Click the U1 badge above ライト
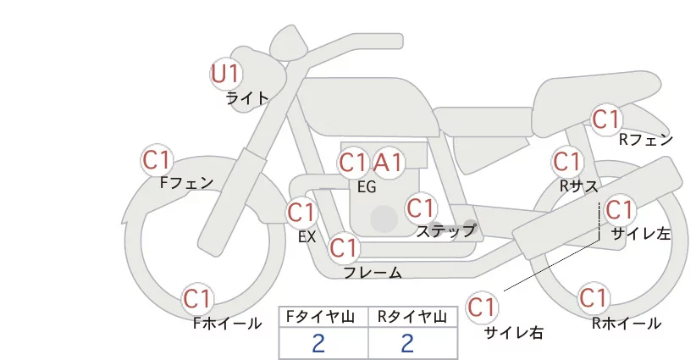tap(225, 74)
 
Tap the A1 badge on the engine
tap(389, 163)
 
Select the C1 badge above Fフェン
tap(157, 159)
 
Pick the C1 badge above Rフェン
tap(605, 119)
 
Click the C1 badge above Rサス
tap(566, 161)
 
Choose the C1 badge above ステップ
tap(421, 208)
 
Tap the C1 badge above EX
tap(301, 212)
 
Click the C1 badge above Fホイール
tap(198, 298)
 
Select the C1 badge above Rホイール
tap(593, 298)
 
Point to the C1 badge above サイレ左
tap(619, 209)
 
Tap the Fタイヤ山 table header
tap(323, 317)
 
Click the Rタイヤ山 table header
tap(413, 317)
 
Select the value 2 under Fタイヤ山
tap(318, 343)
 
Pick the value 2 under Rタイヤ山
tap(407, 343)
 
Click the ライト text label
tap(247, 97)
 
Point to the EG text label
tap(367, 187)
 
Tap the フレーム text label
tap(373, 272)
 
